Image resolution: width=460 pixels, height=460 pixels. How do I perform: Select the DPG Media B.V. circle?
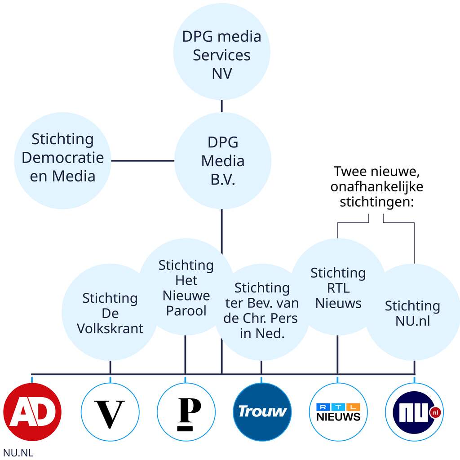[x=222, y=160]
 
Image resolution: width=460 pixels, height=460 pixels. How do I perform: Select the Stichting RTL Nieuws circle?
[x=338, y=287]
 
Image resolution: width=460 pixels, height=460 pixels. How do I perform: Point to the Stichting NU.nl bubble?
[x=412, y=313]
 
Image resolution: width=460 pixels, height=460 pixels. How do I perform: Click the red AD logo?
[x=32, y=412]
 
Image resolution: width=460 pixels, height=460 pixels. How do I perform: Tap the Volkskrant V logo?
[x=110, y=412]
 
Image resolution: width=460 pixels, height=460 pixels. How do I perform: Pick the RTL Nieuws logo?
[x=338, y=412]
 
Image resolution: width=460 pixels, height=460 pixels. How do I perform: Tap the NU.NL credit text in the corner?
[x=18, y=452]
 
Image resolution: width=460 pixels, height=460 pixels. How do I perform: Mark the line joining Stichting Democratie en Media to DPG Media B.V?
[x=143, y=160]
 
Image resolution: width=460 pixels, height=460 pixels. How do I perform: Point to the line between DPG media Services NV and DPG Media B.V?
[x=222, y=106]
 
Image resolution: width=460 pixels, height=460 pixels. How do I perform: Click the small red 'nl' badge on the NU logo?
[x=434, y=412]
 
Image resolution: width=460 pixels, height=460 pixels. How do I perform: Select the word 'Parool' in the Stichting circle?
[x=186, y=310]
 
